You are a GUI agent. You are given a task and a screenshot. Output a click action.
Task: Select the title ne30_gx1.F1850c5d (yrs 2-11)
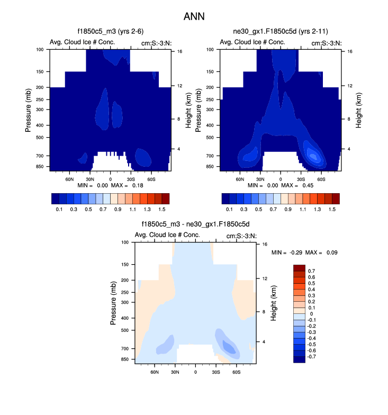coord(281,33)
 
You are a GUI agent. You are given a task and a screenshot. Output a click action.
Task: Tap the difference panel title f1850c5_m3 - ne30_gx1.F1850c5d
coord(195,224)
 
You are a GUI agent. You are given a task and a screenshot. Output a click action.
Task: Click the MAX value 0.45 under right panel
coord(306,186)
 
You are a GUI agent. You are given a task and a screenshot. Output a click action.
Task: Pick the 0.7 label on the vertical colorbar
coord(312,271)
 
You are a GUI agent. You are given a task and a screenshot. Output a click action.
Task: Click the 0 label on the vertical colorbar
coord(310,314)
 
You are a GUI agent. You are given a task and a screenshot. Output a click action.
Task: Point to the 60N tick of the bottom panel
coord(155,373)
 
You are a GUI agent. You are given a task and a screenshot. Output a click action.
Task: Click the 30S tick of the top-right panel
coord(301,180)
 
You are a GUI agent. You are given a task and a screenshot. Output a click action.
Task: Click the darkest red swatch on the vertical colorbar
coord(299,267)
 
